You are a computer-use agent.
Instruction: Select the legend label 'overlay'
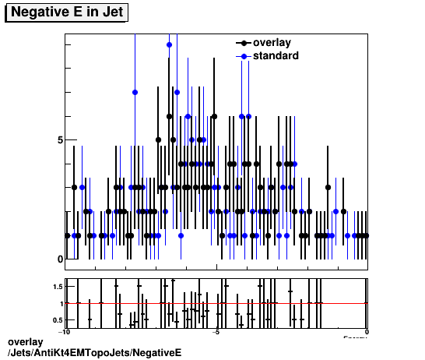272,43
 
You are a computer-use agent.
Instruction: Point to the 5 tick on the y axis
59,140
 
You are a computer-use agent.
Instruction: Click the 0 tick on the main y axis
59,259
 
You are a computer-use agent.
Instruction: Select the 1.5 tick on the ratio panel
56,287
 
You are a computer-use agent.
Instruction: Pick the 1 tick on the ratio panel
59,303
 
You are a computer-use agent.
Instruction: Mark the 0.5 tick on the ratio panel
56,319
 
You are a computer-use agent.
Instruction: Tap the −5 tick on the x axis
216,332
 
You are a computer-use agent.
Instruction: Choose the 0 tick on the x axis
367,332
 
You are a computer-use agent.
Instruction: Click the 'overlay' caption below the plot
25,343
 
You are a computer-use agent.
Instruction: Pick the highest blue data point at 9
169,45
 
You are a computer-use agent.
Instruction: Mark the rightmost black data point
366,235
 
